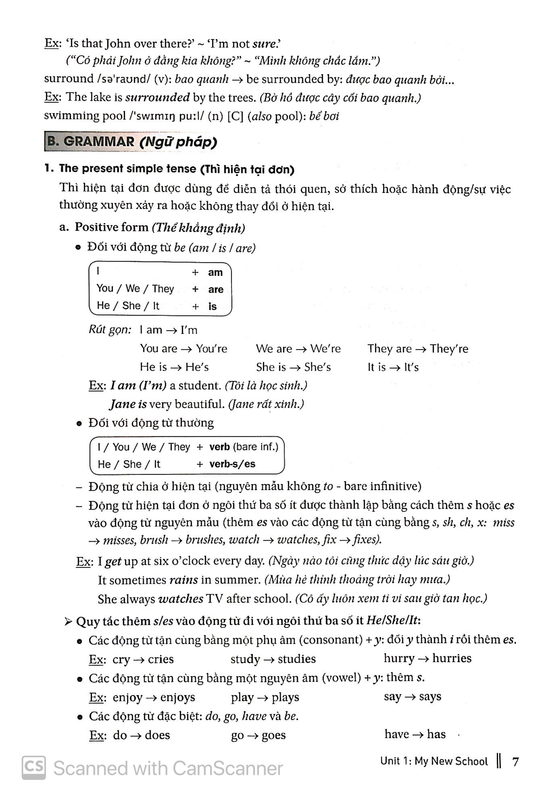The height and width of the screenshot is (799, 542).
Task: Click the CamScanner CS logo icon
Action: [x=34, y=767]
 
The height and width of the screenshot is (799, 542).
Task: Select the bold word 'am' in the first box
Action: [x=215, y=273]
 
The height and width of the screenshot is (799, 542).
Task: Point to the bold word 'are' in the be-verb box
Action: [x=216, y=290]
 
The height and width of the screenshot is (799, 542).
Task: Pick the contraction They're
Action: [x=449, y=349]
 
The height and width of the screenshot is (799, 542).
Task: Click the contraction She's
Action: [x=317, y=367]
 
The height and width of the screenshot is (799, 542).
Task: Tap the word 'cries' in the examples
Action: [x=161, y=659]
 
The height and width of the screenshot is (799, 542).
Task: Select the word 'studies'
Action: [x=297, y=659]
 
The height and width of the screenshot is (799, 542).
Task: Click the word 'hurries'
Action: [x=452, y=658]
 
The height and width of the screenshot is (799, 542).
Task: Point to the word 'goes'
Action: [x=273, y=735]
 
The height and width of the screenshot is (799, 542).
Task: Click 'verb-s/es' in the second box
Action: [x=232, y=464]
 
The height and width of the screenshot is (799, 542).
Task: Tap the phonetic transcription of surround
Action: [x=124, y=79]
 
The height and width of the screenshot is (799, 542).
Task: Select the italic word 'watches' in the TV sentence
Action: [x=181, y=599]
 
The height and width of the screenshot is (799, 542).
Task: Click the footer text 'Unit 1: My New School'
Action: [x=434, y=761]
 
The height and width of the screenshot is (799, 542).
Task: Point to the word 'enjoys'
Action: [x=177, y=697]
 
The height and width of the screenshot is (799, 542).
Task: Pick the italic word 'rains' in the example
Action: [x=183, y=580]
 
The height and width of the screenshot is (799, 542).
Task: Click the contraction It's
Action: [x=411, y=367]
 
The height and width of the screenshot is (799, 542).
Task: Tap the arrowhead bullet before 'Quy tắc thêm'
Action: [x=68, y=622]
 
